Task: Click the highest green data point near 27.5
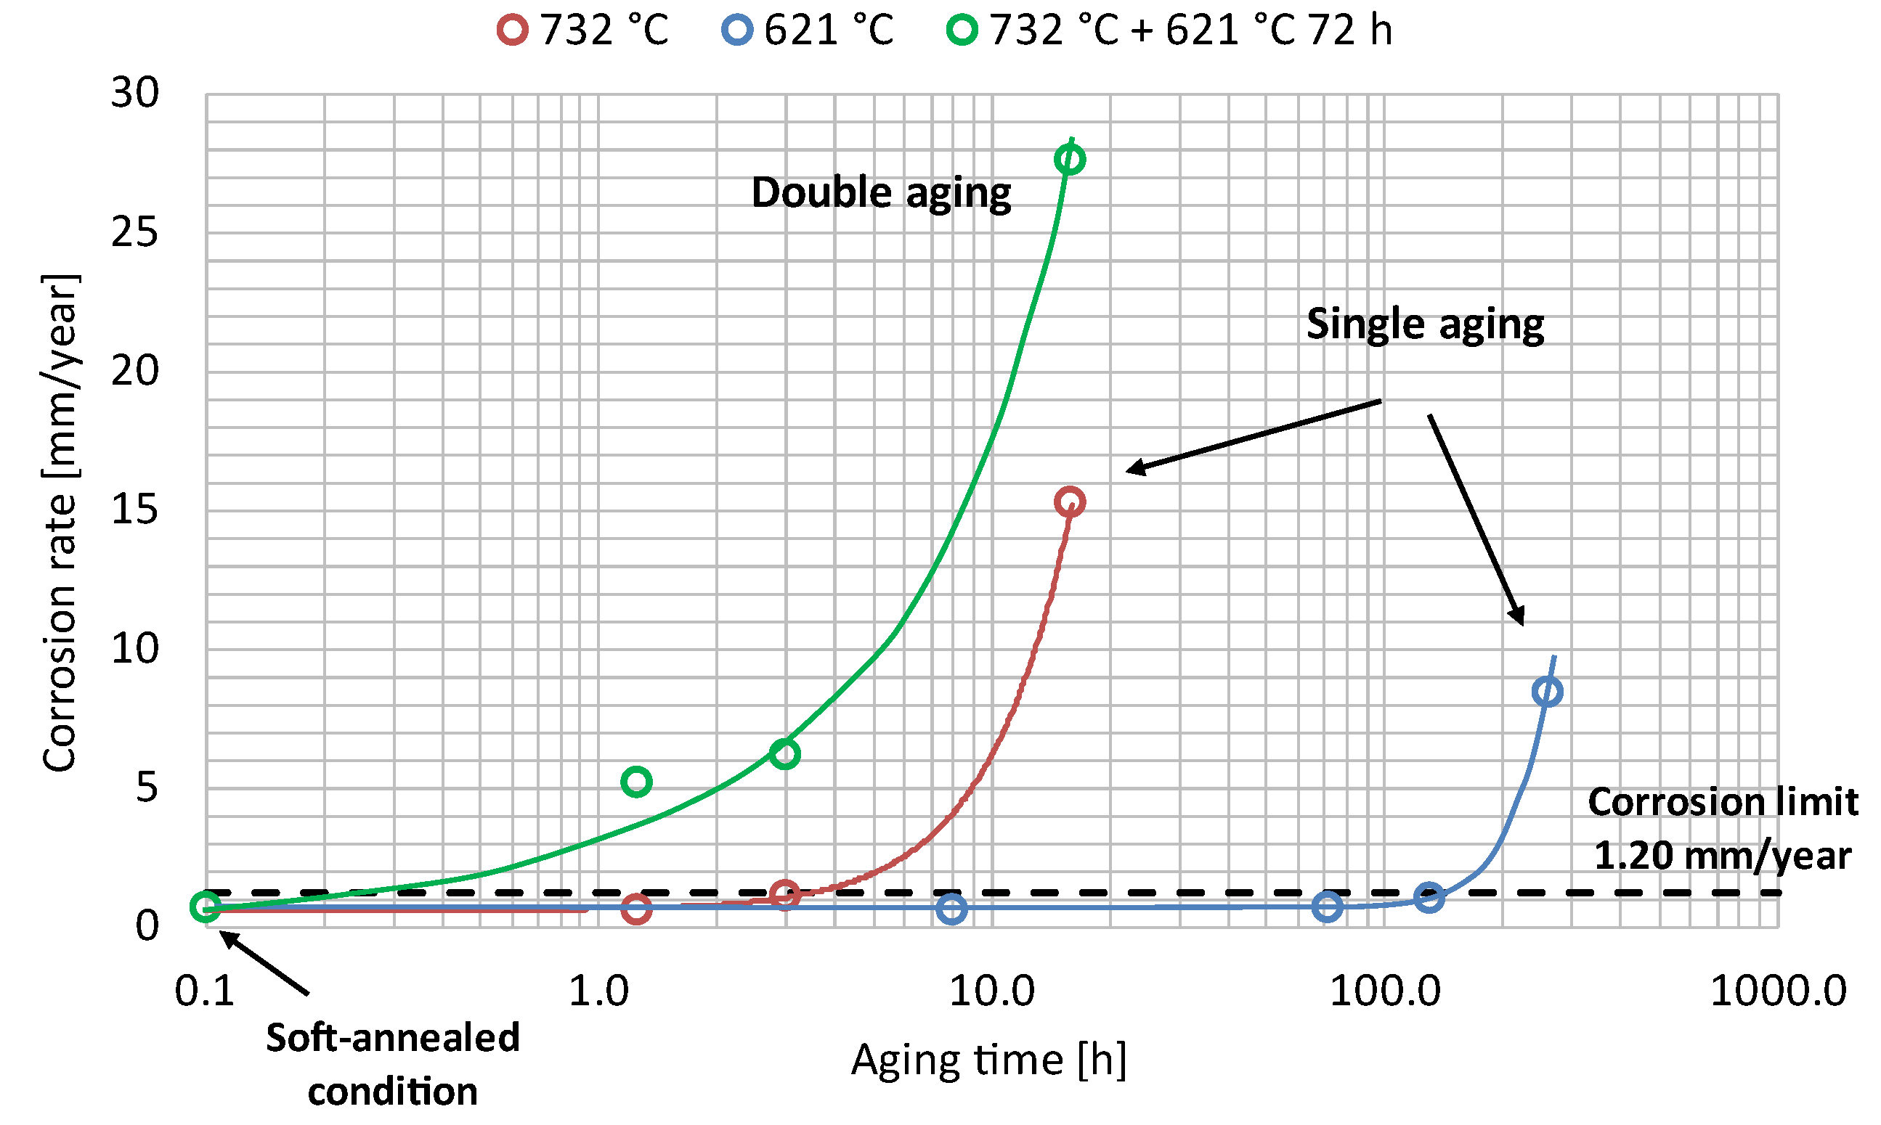pos(1070,159)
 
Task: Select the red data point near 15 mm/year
pos(1070,502)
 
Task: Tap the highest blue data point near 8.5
pos(1547,692)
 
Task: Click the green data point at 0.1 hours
pos(206,906)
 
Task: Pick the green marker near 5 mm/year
pos(636,782)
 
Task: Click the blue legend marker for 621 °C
pos(737,30)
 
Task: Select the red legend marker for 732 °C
pos(513,30)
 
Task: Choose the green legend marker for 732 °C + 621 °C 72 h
pos(962,30)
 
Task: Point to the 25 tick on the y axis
pos(135,232)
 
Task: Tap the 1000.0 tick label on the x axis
pos(1778,991)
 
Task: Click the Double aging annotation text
pos(880,192)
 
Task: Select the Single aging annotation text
pos(1424,324)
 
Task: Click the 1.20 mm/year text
pos(1722,856)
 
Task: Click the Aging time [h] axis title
pos(988,1060)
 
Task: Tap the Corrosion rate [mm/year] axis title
pos(61,523)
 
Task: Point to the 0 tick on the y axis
pos(147,925)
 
